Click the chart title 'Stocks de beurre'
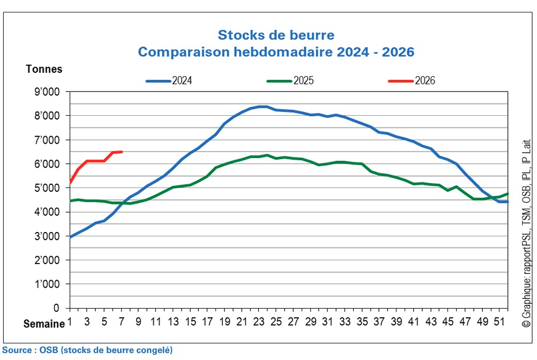[275, 35]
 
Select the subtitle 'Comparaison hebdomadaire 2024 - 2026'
[275, 52]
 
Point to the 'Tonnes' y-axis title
[44, 69]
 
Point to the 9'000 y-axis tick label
[48, 92]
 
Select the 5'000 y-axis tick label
[48, 188]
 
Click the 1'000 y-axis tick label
[48, 284]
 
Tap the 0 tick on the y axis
[56, 309]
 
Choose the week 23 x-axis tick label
[259, 322]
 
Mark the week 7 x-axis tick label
[122, 322]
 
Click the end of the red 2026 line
[122, 152]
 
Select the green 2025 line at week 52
[508, 194]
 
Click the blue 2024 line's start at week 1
[70, 237]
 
